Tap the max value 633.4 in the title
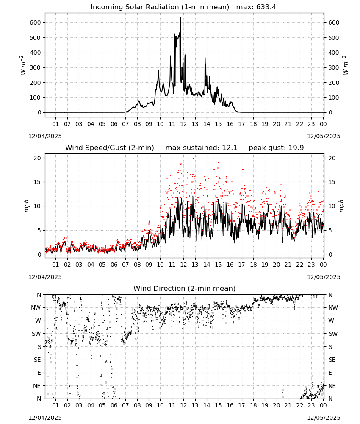(x=266, y=7)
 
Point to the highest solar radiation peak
(x=181, y=18)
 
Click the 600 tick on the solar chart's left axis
(x=36, y=23)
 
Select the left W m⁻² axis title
(x=23, y=65)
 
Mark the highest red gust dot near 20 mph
(x=194, y=158)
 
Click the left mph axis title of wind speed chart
(x=26, y=206)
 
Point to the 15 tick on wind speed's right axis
(x=332, y=182)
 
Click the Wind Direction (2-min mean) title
(x=185, y=288)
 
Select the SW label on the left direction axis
(x=36, y=334)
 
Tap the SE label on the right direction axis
(x=332, y=360)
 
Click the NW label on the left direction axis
(x=36, y=307)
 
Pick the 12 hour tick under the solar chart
(x=184, y=124)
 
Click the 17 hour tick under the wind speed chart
(x=242, y=265)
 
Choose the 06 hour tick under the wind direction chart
(x=114, y=405)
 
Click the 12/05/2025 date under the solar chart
(x=324, y=136)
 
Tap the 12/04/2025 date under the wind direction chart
(x=45, y=418)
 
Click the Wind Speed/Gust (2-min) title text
(x=110, y=148)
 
